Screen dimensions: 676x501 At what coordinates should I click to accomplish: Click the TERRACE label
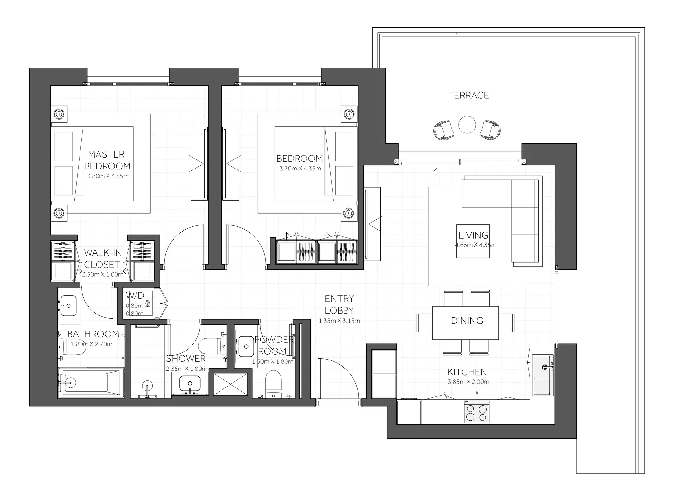click(x=468, y=95)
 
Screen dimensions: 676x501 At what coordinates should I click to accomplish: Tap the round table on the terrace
click(x=467, y=124)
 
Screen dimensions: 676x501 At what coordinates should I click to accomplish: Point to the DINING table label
click(x=467, y=321)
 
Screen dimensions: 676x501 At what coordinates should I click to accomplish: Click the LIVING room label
click(x=473, y=235)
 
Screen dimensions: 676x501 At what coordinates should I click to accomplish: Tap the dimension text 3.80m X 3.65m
click(x=108, y=176)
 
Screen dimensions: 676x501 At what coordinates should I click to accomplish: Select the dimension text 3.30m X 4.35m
click(x=300, y=168)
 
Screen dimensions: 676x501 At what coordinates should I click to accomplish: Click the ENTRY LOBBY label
click(x=339, y=305)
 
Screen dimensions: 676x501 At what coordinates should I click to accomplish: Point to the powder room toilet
click(x=273, y=384)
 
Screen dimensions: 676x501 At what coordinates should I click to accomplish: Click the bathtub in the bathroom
click(x=91, y=382)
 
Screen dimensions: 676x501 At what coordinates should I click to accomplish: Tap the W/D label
click(x=135, y=295)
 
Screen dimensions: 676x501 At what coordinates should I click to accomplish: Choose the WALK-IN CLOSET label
click(x=103, y=259)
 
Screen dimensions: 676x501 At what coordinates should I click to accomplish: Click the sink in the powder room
click(x=246, y=346)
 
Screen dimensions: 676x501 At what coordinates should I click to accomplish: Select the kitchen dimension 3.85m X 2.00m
click(x=468, y=382)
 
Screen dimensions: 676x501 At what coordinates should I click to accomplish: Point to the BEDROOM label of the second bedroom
click(x=299, y=159)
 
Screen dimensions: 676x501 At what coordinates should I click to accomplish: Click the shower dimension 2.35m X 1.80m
click(x=187, y=369)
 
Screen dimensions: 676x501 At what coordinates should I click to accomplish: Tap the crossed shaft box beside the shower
click(x=230, y=384)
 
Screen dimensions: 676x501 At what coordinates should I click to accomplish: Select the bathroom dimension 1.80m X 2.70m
click(x=92, y=344)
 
